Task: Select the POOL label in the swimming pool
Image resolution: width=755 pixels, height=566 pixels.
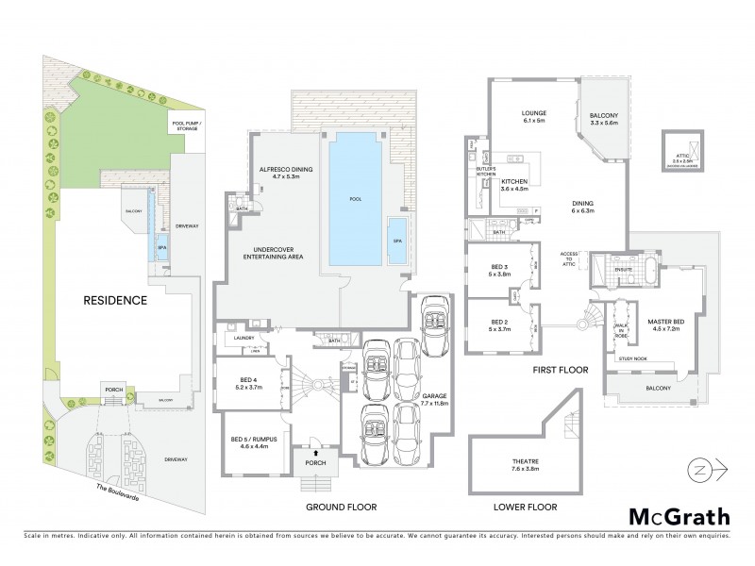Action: point(355,200)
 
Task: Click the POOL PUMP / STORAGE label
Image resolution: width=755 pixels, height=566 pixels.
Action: point(187,124)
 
